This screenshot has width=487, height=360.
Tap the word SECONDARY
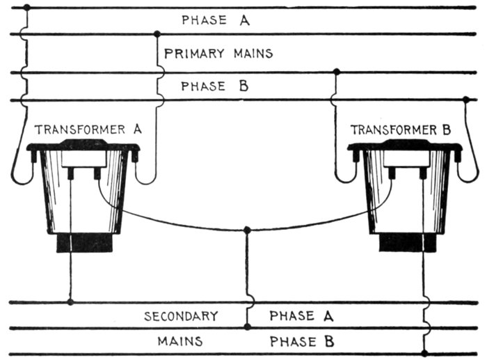click(x=181, y=316)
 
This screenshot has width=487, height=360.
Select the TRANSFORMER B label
click(x=401, y=130)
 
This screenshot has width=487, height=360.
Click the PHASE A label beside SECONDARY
click(x=302, y=316)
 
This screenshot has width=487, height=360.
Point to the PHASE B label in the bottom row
click(x=302, y=342)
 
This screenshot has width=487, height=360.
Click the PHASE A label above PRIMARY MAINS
click(x=215, y=20)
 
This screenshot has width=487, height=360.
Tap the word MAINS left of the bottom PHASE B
click(x=179, y=342)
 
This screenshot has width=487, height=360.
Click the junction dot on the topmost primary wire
click(x=26, y=8)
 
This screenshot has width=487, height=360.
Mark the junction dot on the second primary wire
click(x=157, y=33)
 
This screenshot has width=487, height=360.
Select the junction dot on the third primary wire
click(x=337, y=72)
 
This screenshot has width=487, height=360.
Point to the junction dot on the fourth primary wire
click(x=465, y=100)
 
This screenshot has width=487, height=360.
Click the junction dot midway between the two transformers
click(x=247, y=230)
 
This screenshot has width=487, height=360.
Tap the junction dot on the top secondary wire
click(x=70, y=302)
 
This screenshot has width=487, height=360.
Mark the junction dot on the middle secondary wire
click(x=247, y=327)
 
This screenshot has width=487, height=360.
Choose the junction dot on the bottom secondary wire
click(x=424, y=353)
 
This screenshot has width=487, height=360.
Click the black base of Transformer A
click(x=84, y=242)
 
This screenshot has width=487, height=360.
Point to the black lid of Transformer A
click(x=83, y=146)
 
